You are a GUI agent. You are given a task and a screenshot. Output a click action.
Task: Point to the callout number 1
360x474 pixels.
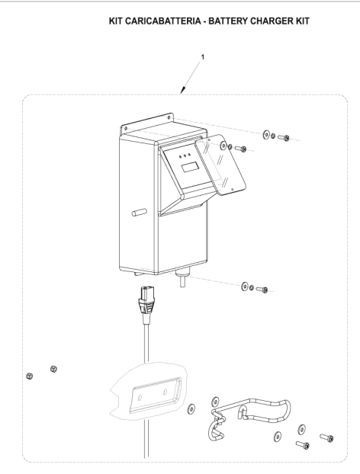203,57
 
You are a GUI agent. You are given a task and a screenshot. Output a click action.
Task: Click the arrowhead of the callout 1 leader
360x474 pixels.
182,91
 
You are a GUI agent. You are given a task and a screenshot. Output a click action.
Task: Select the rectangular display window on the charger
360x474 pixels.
190,167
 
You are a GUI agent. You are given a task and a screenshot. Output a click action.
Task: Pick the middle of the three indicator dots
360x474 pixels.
185,155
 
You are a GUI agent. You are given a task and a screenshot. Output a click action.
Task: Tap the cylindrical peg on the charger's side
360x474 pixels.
140,212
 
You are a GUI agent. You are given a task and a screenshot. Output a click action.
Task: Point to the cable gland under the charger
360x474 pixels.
182,277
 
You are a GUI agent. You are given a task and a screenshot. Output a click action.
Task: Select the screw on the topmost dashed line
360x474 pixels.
284,138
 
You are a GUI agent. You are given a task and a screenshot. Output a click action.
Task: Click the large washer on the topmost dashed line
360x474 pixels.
266,135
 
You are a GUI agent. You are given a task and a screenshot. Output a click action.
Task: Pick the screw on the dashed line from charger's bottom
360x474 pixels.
262,290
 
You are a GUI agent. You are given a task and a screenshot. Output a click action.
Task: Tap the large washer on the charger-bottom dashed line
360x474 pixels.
245,286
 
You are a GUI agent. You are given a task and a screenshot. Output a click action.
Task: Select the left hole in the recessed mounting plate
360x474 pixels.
140,397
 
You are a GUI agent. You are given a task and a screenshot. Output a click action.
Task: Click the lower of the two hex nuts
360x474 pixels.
29,376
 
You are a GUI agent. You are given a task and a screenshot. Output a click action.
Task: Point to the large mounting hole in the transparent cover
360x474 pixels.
223,146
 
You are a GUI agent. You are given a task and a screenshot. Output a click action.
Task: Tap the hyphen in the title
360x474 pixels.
205,22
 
